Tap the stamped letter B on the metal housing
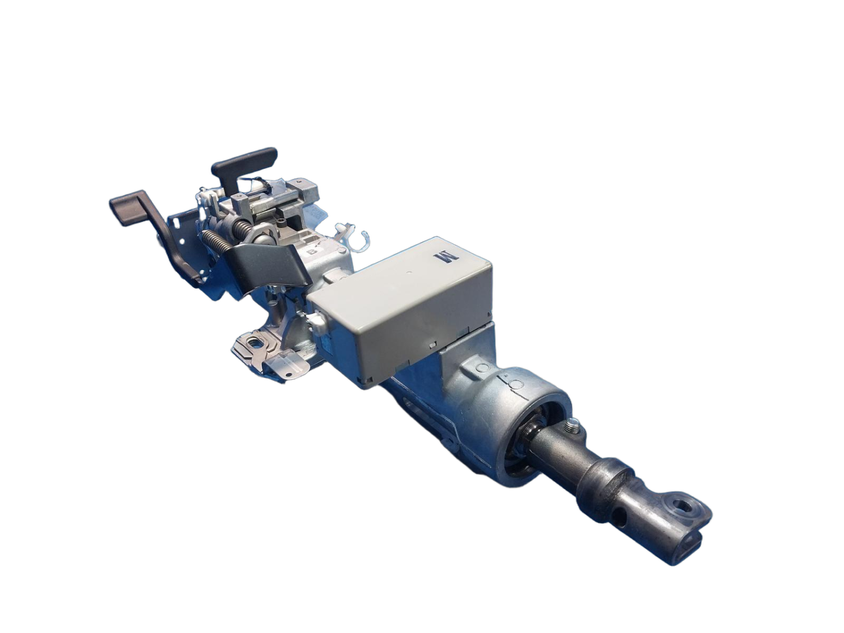[x=313, y=252]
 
